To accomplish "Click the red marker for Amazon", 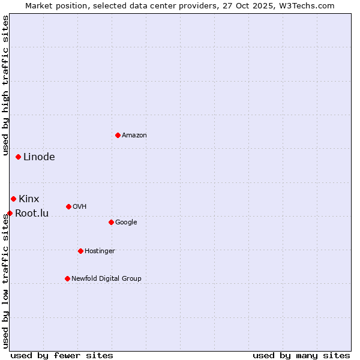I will (118, 135).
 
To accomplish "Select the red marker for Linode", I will (19, 157).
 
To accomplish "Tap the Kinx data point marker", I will (13, 199).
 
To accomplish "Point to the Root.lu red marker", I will (10, 213).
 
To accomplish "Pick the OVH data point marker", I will (68, 206).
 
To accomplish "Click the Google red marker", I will (111, 222).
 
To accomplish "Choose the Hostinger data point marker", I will (80, 251).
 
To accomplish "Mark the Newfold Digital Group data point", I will (67, 278).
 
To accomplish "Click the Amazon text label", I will (134, 136).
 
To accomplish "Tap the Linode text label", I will (39, 157).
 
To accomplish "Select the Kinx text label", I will (29, 199).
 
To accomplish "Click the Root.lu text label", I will (32, 213).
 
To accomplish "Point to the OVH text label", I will (80, 207).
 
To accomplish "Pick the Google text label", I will (126, 223).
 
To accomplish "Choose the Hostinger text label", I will (100, 251).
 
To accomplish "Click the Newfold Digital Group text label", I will (106, 279).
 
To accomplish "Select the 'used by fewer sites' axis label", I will (62, 355).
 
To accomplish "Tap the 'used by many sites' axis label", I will (301, 355).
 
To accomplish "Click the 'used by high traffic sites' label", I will (5, 88).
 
